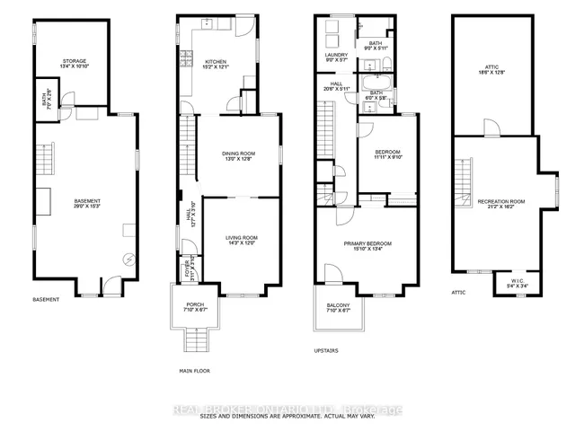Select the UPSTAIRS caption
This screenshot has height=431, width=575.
tap(326, 351)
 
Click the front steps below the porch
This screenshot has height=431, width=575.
tap(195, 339)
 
